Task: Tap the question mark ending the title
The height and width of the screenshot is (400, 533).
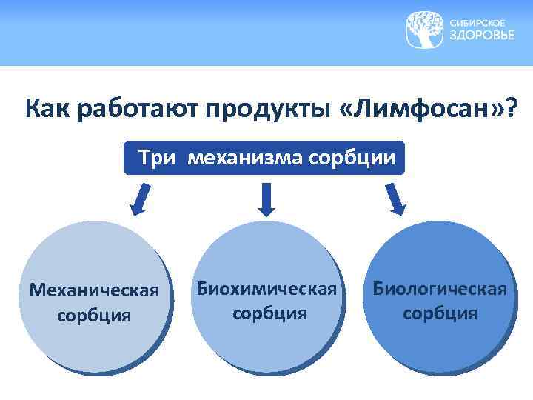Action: click(510, 110)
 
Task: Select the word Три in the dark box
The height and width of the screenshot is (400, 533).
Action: click(156, 159)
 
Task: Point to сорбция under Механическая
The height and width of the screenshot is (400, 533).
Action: click(94, 315)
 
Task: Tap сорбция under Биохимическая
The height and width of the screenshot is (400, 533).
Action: click(269, 312)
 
